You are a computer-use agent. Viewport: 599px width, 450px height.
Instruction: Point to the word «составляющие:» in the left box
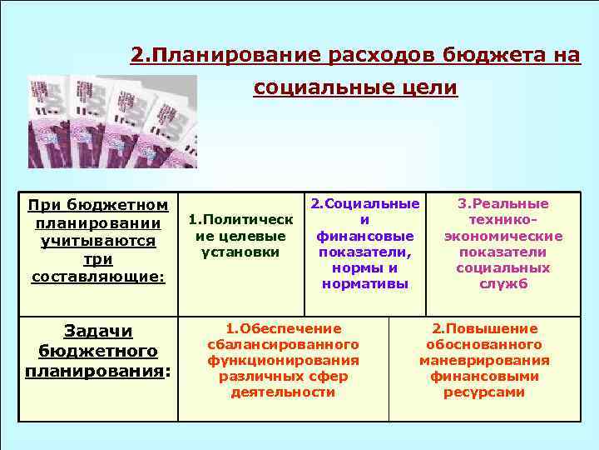(98, 277)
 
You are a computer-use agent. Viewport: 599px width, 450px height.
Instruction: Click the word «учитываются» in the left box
(98, 241)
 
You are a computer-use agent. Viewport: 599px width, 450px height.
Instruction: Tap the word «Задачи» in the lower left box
(98, 331)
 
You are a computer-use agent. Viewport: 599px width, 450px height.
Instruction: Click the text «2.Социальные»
(364, 204)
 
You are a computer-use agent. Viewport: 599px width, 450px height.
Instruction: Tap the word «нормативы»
(364, 284)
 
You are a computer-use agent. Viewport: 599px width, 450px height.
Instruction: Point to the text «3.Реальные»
(504, 204)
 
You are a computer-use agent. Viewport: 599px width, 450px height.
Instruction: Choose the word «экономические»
(504, 236)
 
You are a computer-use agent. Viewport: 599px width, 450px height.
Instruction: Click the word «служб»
(504, 284)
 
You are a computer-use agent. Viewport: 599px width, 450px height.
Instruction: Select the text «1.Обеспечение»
(283, 328)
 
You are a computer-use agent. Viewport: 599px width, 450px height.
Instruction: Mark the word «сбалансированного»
(283, 344)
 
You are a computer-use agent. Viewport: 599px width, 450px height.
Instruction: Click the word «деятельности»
(283, 392)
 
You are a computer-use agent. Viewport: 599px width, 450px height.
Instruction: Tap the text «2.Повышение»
(484, 328)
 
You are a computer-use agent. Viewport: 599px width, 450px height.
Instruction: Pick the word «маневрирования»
(484, 360)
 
